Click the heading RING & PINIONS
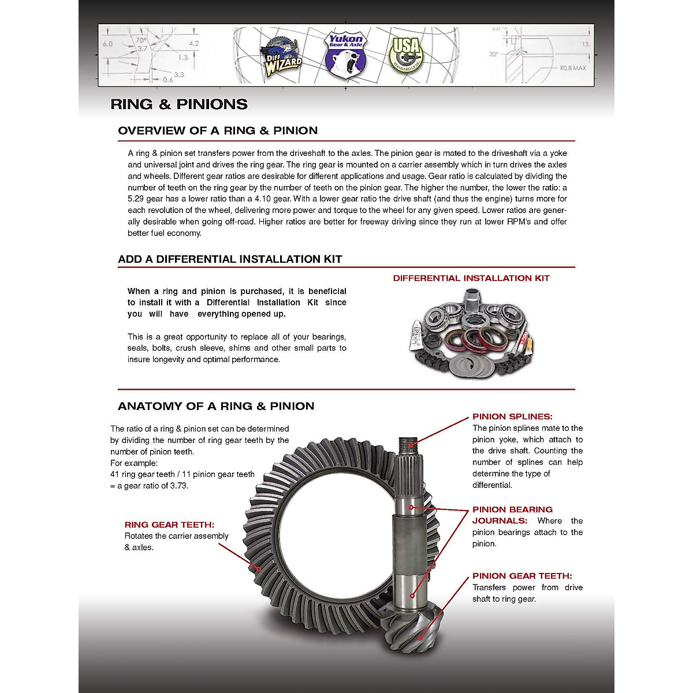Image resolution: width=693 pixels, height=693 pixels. (x=179, y=105)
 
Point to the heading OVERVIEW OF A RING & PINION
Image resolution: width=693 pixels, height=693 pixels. (x=218, y=131)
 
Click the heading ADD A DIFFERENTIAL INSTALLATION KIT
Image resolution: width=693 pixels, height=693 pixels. (x=230, y=259)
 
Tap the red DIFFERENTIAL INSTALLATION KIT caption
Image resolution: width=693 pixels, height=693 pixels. (x=471, y=278)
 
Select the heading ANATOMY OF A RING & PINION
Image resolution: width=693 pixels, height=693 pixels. (x=216, y=407)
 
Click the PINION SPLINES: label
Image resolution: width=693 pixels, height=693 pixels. (x=512, y=416)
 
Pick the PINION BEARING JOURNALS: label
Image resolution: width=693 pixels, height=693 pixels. (x=512, y=515)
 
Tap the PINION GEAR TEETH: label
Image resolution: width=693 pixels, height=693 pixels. (x=522, y=576)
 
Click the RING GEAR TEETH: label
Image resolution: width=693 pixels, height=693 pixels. (x=169, y=525)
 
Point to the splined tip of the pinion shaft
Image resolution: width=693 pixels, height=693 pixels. (x=408, y=445)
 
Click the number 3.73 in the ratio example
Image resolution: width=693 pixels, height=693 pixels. (x=178, y=486)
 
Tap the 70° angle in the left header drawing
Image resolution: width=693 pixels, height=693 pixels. (x=141, y=41)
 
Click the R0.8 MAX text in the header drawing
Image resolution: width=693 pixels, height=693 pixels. (x=572, y=68)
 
